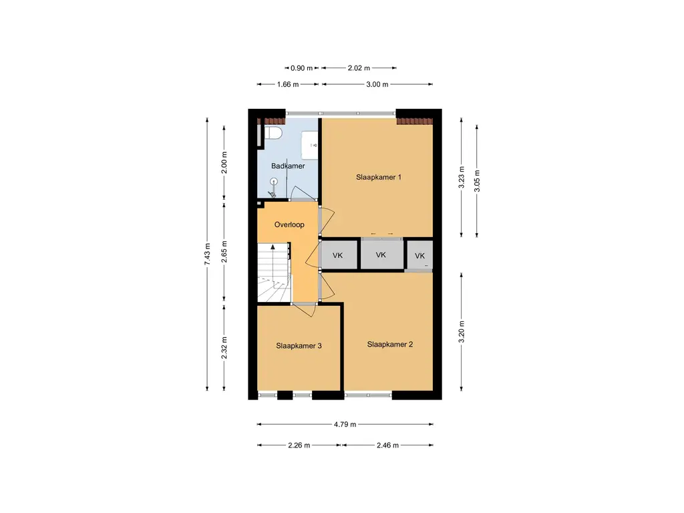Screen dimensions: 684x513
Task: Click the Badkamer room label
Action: point(288,166)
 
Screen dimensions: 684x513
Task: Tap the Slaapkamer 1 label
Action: point(379,177)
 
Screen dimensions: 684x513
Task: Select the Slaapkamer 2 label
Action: point(390,344)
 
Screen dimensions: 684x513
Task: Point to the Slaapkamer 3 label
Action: point(299,346)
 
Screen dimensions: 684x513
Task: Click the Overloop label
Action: point(289,224)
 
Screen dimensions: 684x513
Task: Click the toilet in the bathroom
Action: point(273,133)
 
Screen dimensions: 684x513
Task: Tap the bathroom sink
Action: point(310,145)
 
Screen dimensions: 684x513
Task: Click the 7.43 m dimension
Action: point(207,254)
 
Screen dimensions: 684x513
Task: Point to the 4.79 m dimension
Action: point(345,424)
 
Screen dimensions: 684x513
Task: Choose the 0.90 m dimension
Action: point(301,68)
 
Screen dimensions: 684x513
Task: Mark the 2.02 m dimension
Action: point(359,68)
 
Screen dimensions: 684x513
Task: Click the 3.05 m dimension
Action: point(477,181)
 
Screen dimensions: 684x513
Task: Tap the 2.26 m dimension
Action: point(299,446)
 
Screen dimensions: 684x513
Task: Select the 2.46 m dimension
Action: point(388,446)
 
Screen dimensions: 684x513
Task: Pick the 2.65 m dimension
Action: point(224,252)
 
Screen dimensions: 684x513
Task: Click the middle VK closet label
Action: point(381,254)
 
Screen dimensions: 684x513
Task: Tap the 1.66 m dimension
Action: point(288,84)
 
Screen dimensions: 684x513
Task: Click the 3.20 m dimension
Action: point(462,332)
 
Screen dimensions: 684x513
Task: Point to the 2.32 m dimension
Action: point(224,347)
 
